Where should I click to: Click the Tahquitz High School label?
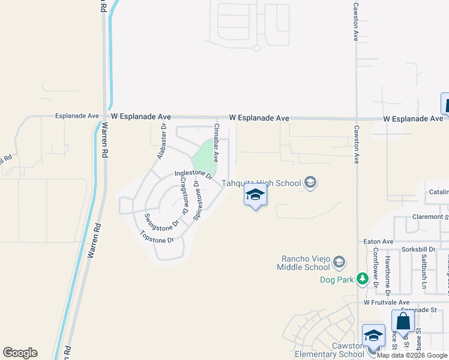pyautogui.click(x=261, y=183)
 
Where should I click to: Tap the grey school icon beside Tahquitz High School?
pyautogui.click(x=310, y=182)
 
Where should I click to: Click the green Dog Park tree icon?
pyautogui.click(x=362, y=278)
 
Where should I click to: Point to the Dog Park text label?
pyautogui.click(x=336, y=280)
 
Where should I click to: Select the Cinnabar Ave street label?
pyautogui.click(x=215, y=144)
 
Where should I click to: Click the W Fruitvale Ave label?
pyautogui.click(x=387, y=303)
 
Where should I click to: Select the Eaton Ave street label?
pyautogui.click(x=378, y=241)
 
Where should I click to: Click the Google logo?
pyautogui.click(x=20, y=353)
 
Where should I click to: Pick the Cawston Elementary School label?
pyautogui.click(x=329, y=350)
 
